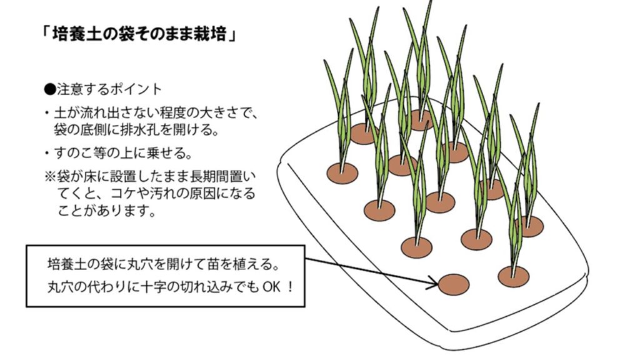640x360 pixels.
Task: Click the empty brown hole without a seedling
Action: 453,284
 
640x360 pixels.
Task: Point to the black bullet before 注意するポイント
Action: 49,90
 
